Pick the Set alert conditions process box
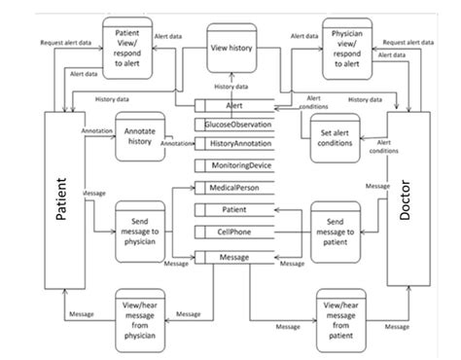coord(335,138)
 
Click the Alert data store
coord(233,106)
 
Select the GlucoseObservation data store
coord(238,125)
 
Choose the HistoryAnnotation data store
coord(238,143)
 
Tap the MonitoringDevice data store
coord(238,166)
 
